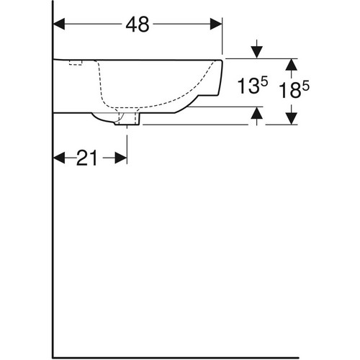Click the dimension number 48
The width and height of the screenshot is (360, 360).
(x=138, y=24)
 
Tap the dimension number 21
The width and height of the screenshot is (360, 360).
(x=86, y=158)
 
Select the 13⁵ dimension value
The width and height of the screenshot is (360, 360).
(x=253, y=86)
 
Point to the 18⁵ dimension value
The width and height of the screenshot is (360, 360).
(x=294, y=89)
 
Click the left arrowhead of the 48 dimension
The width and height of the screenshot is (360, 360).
(x=59, y=24)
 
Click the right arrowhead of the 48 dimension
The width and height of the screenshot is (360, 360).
(x=216, y=24)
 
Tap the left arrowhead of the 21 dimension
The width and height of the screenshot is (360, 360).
(x=59, y=158)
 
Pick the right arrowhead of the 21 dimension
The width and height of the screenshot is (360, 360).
(x=121, y=158)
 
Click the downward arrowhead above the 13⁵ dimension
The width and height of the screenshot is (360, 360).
(x=257, y=53)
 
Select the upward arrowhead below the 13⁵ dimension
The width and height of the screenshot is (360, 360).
(x=257, y=113)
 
